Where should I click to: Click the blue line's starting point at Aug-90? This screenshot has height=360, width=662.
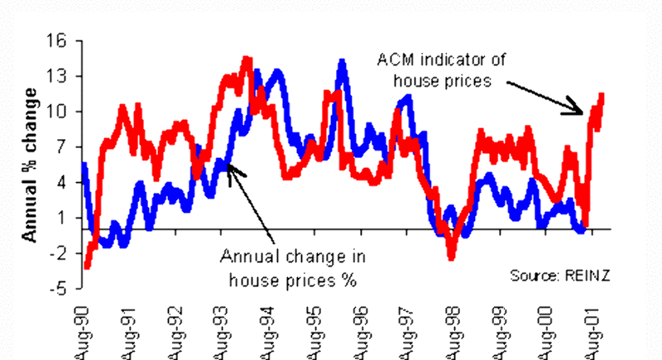coord(84,164)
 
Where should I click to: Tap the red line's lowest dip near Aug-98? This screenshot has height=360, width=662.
coord(451,258)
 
